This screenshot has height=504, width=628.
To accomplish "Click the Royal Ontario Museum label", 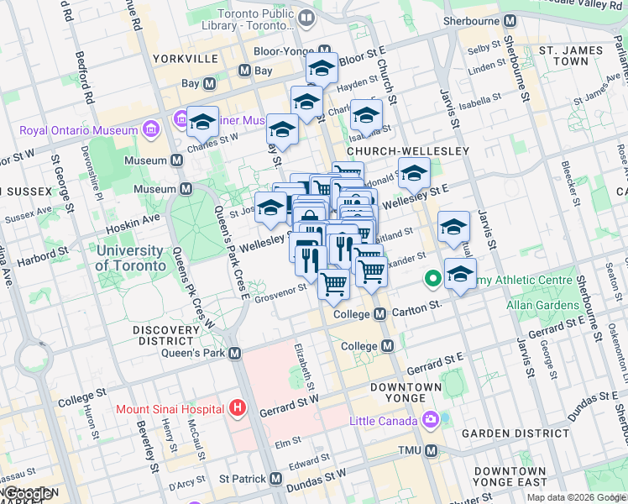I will [x=78, y=130].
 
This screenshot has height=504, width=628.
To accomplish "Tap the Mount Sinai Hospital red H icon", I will [x=238, y=409].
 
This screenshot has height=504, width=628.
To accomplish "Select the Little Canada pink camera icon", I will [x=431, y=418].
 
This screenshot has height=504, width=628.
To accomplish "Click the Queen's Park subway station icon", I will [x=235, y=354].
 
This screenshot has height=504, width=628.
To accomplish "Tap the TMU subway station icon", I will [x=432, y=451].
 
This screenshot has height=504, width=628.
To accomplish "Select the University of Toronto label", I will [x=130, y=258].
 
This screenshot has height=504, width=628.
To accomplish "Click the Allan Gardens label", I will [x=538, y=301].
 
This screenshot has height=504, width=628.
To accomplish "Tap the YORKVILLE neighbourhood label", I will [x=186, y=59].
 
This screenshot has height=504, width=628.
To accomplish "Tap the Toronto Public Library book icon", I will [x=306, y=18].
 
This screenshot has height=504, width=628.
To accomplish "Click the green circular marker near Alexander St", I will [x=433, y=277].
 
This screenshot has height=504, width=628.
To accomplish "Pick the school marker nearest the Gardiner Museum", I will [x=202, y=123].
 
